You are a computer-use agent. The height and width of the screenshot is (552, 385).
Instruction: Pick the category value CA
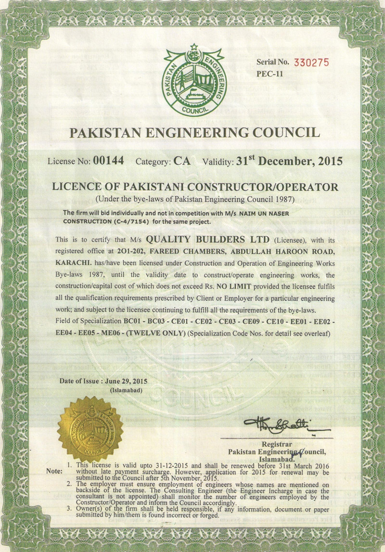[182, 162]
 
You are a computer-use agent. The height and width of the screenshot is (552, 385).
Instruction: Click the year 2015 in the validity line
[326, 162]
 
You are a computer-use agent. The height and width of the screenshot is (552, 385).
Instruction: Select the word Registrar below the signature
[277, 444]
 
